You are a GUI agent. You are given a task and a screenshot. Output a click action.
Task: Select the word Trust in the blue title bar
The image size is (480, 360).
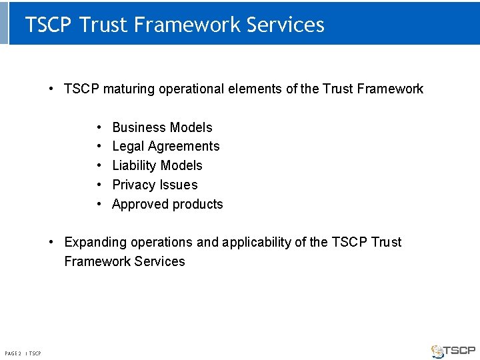click(103, 25)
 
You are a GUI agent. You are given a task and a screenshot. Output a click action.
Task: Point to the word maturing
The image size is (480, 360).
click(129, 89)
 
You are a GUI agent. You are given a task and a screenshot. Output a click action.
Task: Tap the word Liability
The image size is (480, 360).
click(135, 165)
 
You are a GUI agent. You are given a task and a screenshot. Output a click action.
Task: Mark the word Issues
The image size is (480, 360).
click(180, 185)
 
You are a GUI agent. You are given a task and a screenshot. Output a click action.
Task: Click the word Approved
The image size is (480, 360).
click(137, 204)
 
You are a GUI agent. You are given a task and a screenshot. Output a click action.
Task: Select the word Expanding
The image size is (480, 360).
click(94, 242)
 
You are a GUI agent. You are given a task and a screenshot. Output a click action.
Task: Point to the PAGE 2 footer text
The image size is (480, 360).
click(13, 353)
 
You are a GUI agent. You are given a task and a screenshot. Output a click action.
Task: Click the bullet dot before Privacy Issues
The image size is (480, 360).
click(99, 185)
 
